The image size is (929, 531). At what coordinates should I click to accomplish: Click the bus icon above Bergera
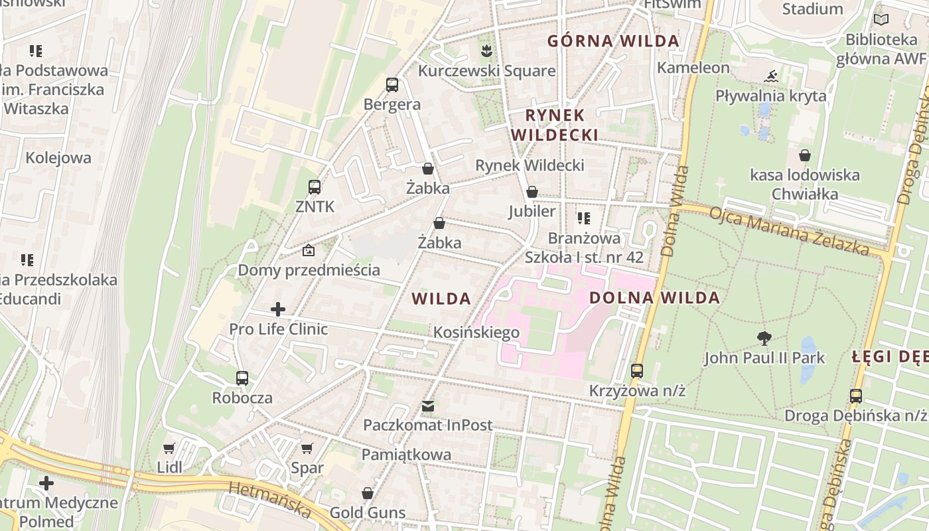point(392,85)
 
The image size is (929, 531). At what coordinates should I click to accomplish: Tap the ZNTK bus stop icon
point(315,187)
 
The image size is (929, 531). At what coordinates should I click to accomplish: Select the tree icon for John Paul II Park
point(764,339)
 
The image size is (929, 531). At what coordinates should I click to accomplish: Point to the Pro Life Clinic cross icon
point(278,309)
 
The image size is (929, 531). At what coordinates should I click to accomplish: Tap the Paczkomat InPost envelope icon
point(428,406)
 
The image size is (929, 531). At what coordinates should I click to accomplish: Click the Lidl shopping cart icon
point(169,448)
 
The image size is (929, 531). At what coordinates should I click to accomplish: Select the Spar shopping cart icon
point(307,448)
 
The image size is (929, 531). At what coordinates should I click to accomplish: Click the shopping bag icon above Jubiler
point(532,192)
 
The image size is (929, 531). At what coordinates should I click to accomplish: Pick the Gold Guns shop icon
point(368,493)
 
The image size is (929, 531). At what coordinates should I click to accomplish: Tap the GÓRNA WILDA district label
point(613,41)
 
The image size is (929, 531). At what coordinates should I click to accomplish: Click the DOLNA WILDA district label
point(654,298)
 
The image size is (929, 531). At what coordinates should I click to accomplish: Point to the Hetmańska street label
point(270,499)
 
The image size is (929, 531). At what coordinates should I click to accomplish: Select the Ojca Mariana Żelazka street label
point(789,231)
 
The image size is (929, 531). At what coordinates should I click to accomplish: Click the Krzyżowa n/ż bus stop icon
point(637,371)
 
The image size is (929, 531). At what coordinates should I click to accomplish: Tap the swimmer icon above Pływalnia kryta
point(770,76)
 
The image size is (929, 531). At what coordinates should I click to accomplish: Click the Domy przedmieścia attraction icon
point(309,250)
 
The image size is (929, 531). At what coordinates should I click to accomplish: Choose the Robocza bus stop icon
point(242,378)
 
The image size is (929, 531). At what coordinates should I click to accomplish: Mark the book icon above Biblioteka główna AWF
point(881,20)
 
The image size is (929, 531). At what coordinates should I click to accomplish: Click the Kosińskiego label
point(476,332)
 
